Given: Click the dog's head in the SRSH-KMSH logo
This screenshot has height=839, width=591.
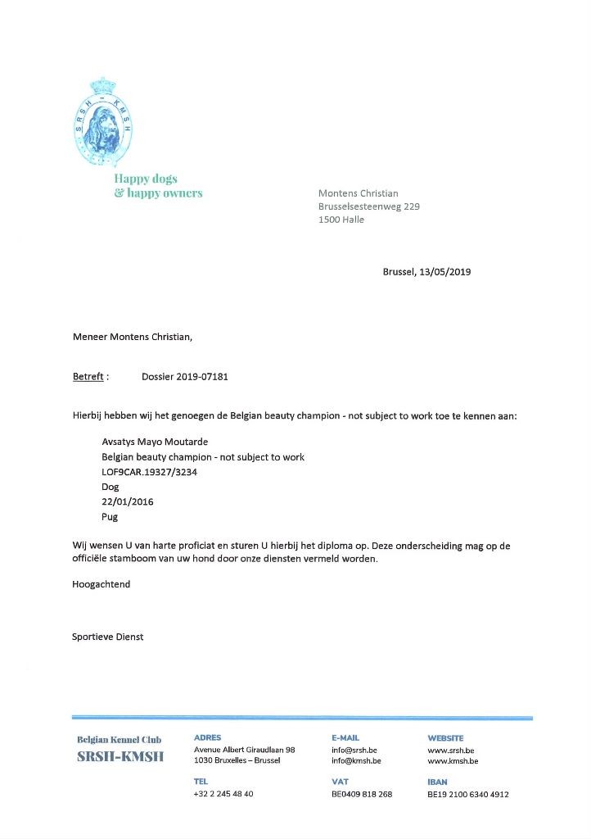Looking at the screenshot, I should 102,121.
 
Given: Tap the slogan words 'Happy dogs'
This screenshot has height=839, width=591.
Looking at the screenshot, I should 146,179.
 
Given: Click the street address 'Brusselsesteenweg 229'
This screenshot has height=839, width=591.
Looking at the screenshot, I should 368,206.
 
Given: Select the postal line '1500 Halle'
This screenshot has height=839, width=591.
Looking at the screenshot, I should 341,220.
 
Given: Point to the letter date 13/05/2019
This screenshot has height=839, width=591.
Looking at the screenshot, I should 444,272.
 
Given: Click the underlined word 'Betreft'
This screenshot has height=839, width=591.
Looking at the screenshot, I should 88,377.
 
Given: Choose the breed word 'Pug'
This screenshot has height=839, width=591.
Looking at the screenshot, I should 110,516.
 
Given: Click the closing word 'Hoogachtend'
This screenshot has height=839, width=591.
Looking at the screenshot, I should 102,584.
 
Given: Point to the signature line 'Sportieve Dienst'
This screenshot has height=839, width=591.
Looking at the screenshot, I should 108,637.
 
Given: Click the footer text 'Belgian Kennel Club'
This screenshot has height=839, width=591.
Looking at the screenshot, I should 120,740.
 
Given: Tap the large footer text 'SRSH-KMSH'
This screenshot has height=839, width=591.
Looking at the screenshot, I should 120,756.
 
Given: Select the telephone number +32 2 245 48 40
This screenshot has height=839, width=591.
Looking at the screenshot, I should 223,794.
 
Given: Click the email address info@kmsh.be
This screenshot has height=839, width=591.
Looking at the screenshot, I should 356,761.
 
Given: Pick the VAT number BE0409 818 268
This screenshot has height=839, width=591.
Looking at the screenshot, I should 362,794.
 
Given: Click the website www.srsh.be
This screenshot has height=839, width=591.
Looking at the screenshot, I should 451,750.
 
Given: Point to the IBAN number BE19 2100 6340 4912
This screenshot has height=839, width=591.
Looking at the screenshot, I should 468,794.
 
